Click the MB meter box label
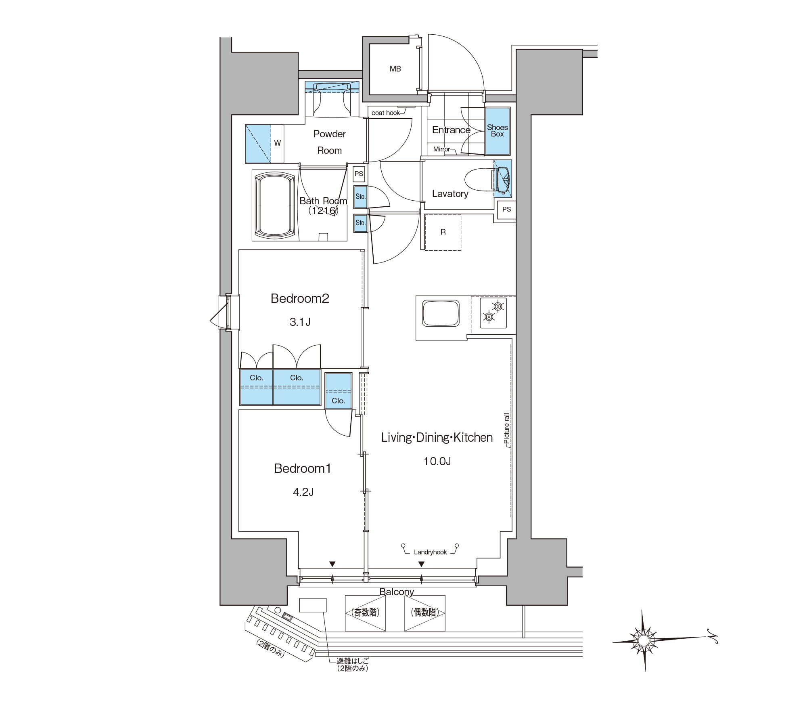click(395, 69)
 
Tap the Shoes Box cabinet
click(498, 131)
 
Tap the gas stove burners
click(493, 312)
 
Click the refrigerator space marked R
click(443, 232)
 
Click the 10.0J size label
click(437, 461)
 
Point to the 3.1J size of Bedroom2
click(300, 322)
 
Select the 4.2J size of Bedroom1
click(303, 492)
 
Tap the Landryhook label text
click(430, 552)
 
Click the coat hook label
click(385, 113)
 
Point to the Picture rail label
click(507, 428)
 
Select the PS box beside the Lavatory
click(507, 209)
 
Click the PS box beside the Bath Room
click(359, 174)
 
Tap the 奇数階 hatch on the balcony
click(365, 613)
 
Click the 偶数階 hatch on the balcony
click(425, 613)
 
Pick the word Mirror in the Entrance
click(441, 149)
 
